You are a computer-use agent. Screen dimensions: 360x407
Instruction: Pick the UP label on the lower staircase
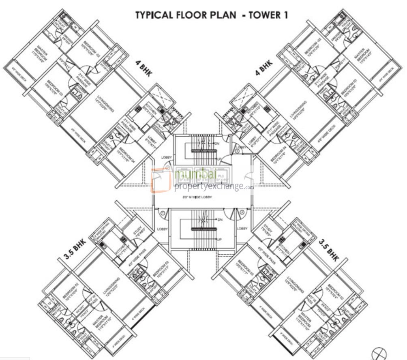219,239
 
